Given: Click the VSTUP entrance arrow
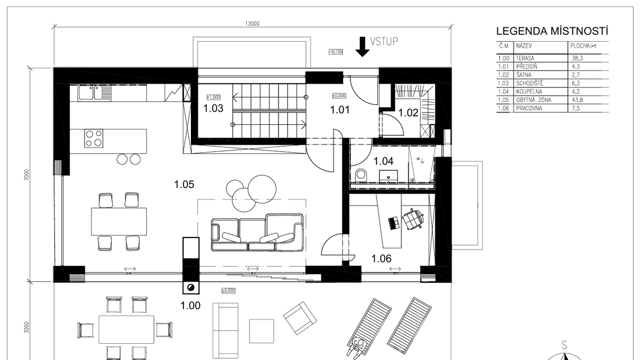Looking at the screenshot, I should point(363,47).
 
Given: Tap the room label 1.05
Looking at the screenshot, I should point(184,184).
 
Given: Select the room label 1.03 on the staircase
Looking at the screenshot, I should point(213,108).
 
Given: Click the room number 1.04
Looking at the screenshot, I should point(383,161).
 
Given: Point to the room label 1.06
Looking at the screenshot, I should point(382,259).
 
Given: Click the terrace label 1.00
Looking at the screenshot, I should point(190,306).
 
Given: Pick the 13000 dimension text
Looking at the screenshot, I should point(253,24).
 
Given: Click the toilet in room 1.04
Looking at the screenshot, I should point(361,175).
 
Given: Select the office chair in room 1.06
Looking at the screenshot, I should point(414,220).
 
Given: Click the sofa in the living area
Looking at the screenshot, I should point(257,233).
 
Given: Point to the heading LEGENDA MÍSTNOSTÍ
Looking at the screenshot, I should point(552,32).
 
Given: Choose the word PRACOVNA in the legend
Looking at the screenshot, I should point(530,108).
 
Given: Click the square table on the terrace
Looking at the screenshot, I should point(262,330).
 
